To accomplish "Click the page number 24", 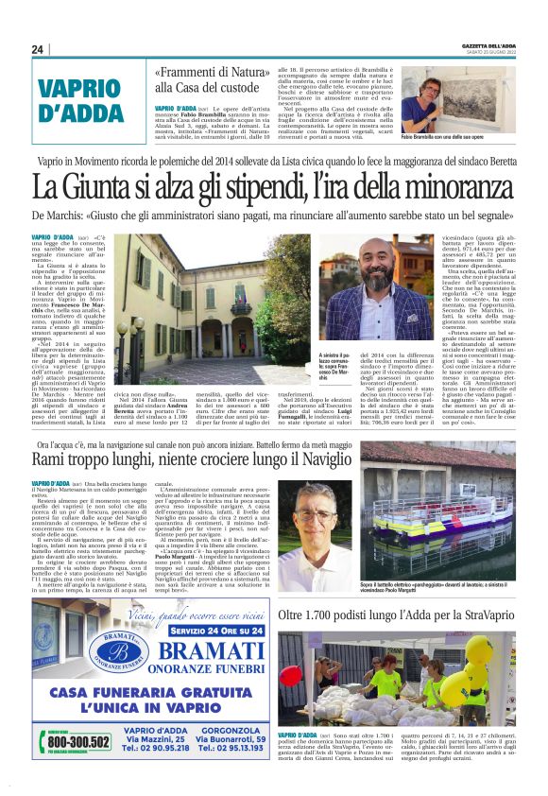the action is [x=39, y=49].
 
